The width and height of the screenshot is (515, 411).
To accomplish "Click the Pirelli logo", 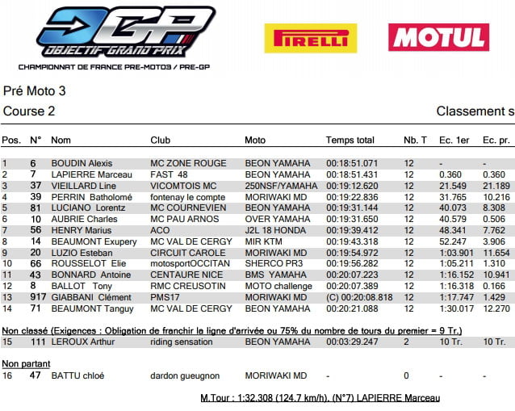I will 310,38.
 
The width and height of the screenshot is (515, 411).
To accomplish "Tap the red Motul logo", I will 438,37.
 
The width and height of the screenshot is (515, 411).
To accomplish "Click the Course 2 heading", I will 30,111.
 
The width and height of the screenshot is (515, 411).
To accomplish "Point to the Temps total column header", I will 350,140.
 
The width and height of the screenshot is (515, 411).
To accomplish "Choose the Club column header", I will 160,140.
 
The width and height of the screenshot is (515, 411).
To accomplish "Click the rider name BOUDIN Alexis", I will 82,163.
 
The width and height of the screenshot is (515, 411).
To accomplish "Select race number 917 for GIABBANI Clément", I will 36,297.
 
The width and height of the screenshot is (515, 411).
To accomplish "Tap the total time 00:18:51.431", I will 352,174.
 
